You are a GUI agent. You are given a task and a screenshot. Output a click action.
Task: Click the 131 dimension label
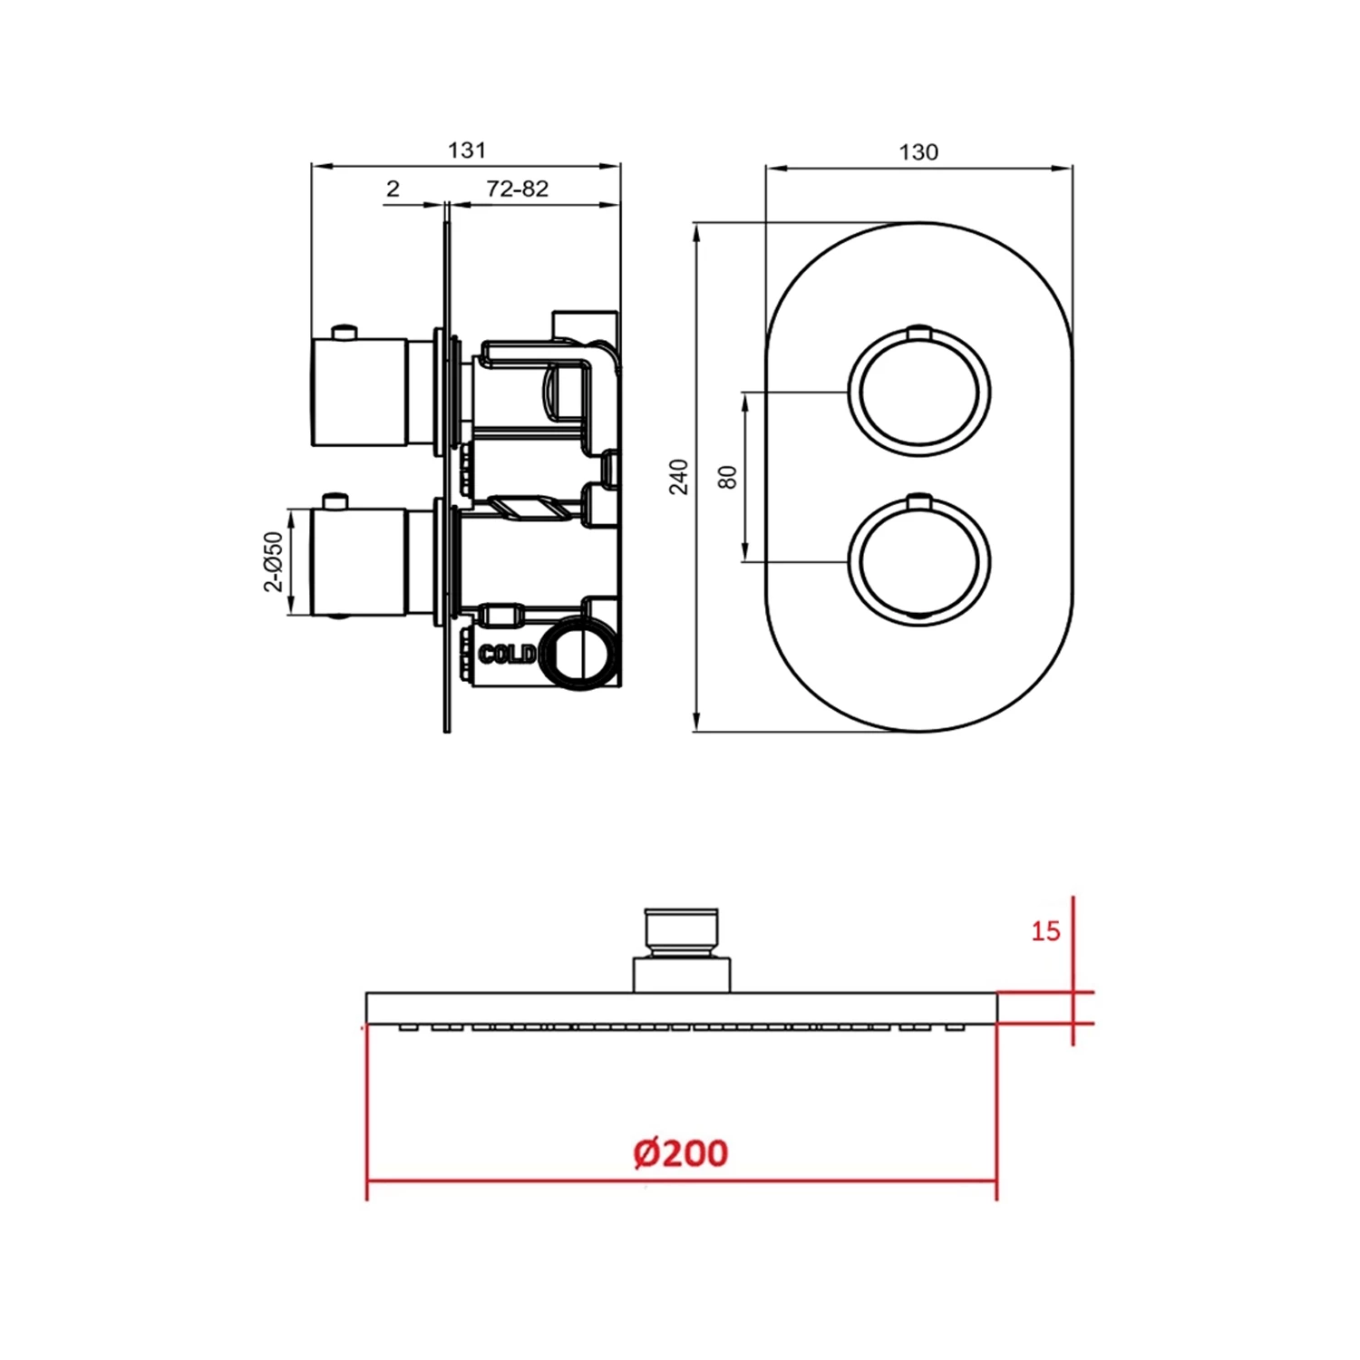467,150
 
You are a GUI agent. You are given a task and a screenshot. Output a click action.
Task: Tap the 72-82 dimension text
517,189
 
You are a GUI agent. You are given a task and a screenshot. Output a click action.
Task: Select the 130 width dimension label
918,151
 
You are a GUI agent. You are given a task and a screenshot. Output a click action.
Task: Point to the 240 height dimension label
679,477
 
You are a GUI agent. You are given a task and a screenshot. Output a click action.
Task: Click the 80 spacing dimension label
728,477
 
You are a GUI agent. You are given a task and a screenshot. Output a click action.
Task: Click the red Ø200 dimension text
680,1152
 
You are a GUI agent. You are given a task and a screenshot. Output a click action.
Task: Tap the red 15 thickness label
1044,931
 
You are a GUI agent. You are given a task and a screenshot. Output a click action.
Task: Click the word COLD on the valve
505,654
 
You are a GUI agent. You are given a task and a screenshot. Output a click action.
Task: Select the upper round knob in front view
918,393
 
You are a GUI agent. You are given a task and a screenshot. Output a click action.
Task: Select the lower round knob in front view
918,562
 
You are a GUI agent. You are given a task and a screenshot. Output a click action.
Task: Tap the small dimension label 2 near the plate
393,189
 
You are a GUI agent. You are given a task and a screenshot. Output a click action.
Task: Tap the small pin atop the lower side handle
335,500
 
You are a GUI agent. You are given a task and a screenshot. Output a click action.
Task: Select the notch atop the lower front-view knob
918,499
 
